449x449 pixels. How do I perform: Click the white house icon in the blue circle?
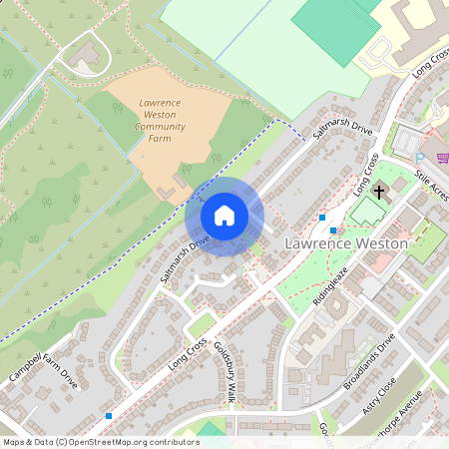[x=224, y=216]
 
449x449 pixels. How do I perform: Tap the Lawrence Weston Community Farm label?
[x=159, y=121]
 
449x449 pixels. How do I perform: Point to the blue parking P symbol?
[x=419, y=158]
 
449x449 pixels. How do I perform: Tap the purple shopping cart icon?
[x=442, y=158]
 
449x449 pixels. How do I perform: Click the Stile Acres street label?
[x=430, y=184]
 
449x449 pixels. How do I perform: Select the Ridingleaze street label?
[x=329, y=284]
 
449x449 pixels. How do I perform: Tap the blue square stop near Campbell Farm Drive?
[x=108, y=415]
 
